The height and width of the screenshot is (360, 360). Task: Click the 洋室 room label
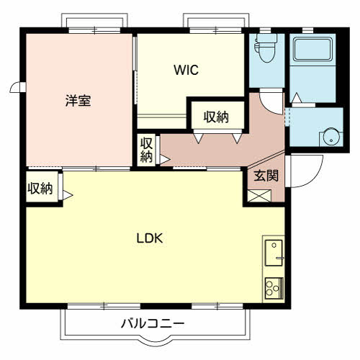[78, 101]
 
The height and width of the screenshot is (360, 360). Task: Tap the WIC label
[185, 71]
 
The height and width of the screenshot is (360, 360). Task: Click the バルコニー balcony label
[153, 323]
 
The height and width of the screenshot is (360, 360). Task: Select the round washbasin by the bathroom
[330, 135]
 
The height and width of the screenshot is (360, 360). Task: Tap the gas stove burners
[274, 288]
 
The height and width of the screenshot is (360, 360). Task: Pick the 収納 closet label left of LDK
[40, 189]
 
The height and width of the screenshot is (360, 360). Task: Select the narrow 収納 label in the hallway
[146, 149]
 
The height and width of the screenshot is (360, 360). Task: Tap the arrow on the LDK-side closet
[68, 194]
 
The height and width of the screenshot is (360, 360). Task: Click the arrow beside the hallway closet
[165, 158]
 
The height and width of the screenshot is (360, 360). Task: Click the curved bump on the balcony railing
[153, 338]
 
